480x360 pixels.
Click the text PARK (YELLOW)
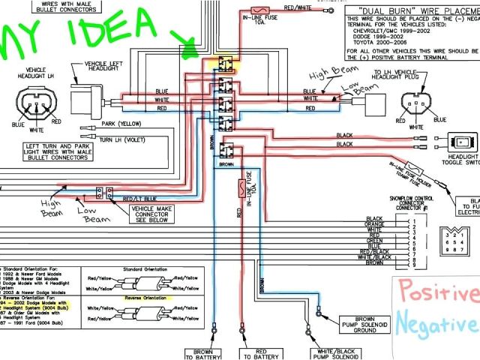pos(121,125)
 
